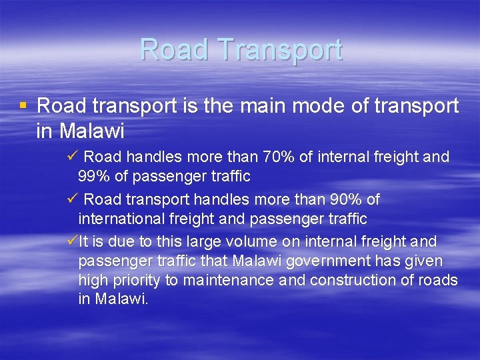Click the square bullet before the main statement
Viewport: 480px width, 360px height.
pyautogui.click(x=23, y=105)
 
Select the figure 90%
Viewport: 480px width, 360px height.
pyautogui.click(x=348, y=199)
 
